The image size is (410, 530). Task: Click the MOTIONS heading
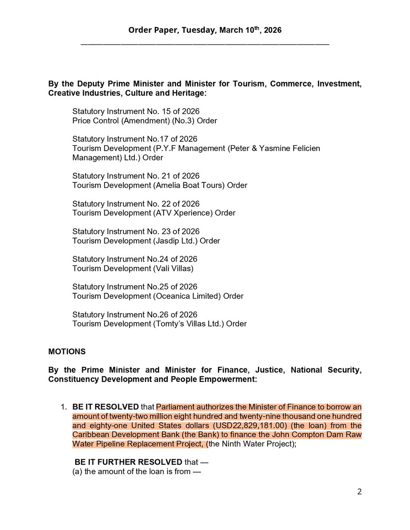click(67, 352)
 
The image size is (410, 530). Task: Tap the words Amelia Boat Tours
click(189, 185)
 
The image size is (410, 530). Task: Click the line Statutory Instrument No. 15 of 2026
click(136, 111)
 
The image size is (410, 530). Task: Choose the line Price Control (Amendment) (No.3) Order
click(145, 121)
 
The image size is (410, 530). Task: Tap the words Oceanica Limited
click(187, 296)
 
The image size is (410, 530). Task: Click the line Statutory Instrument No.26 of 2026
click(135, 315)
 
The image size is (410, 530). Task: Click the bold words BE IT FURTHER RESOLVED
click(128, 462)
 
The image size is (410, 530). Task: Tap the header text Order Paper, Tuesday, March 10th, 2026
click(205, 30)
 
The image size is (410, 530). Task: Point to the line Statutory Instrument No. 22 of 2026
click(136, 204)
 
